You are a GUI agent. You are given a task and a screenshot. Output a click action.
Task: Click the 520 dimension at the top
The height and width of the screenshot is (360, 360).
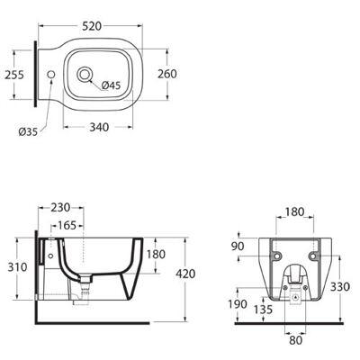click(x=92, y=26)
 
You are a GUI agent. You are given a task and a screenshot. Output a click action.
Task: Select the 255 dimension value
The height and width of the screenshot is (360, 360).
click(x=14, y=75)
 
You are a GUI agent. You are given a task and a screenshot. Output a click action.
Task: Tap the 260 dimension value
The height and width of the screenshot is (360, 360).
click(x=167, y=74)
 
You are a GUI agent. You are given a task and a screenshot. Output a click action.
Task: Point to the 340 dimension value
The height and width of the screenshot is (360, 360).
click(x=99, y=127)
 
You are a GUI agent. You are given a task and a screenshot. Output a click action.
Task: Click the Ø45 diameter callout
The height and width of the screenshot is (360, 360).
click(x=111, y=85)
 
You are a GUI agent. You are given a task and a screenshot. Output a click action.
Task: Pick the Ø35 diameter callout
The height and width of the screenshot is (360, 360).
click(x=28, y=131)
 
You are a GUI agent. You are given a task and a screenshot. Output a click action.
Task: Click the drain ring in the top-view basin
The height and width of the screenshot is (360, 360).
click(x=85, y=75)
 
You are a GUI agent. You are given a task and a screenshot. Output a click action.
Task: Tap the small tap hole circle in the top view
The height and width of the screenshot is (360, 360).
click(x=51, y=74)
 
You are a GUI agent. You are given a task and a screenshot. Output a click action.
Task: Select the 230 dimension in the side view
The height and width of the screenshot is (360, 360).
click(x=60, y=207)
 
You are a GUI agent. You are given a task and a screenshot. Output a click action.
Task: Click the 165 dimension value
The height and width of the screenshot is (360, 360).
click(x=67, y=225)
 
